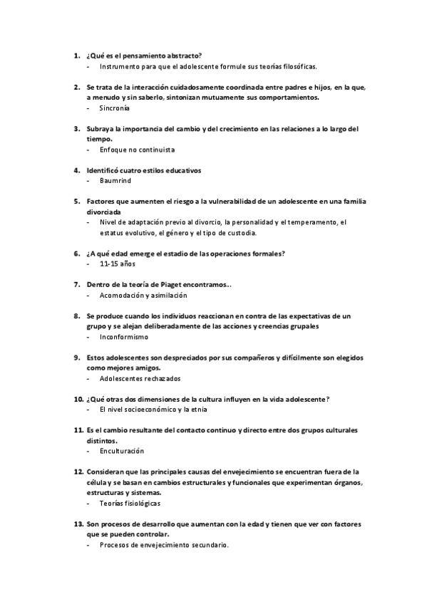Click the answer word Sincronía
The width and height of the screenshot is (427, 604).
[115, 109]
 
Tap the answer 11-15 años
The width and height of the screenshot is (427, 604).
[118, 264]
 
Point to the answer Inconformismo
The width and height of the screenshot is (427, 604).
[124, 337]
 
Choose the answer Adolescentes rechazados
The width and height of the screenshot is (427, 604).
[140, 378]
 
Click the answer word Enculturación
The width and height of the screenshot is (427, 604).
[122, 451]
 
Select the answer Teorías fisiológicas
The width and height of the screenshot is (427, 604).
[130, 503]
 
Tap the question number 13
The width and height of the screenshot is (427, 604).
[79, 524]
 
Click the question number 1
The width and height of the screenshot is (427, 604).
[77, 56]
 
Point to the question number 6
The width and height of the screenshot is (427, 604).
[77, 254]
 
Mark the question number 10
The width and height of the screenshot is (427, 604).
[79, 399]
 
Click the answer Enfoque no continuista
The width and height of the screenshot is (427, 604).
[138, 150]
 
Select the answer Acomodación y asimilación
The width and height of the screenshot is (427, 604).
[143, 295]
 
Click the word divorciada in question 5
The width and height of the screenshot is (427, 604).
[103, 212]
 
